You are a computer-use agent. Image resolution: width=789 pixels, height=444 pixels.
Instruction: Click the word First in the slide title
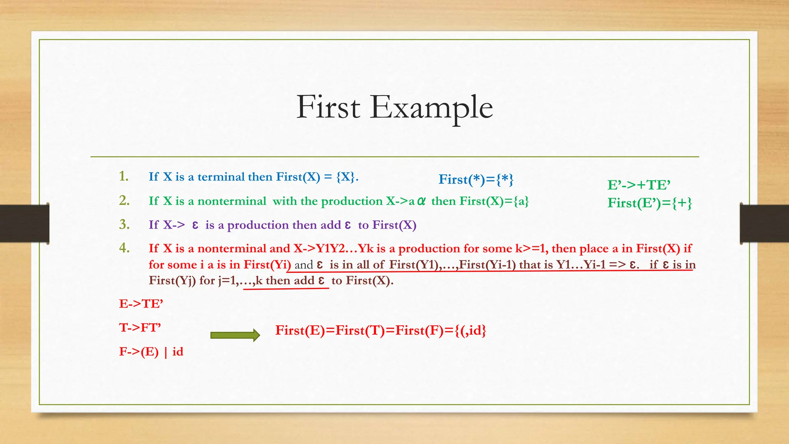coord(328,107)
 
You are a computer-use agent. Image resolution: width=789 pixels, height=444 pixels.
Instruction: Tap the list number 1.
coord(124,177)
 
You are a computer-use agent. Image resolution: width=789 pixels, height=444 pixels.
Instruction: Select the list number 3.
coord(124,224)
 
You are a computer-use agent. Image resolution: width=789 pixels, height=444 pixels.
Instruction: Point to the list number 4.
coord(124,248)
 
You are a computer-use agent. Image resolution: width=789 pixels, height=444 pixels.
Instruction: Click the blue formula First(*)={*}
coord(476,180)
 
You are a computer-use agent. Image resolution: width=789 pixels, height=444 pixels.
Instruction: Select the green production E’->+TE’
coord(639,185)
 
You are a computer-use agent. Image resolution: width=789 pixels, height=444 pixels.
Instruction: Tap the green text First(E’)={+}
coord(650,203)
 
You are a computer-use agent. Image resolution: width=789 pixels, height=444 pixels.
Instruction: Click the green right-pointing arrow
coord(235,335)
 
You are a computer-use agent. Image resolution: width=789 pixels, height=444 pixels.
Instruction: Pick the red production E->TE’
coord(141,304)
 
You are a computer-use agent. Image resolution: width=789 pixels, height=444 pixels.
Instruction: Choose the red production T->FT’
coord(140,328)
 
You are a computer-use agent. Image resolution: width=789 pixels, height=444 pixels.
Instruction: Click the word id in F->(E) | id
coord(178,352)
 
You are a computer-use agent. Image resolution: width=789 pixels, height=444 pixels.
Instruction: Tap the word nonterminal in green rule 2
coord(232,201)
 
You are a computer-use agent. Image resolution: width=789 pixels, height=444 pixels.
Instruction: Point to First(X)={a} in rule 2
coord(494,201)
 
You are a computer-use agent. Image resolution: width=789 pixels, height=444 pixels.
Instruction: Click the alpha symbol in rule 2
coord(421,201)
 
